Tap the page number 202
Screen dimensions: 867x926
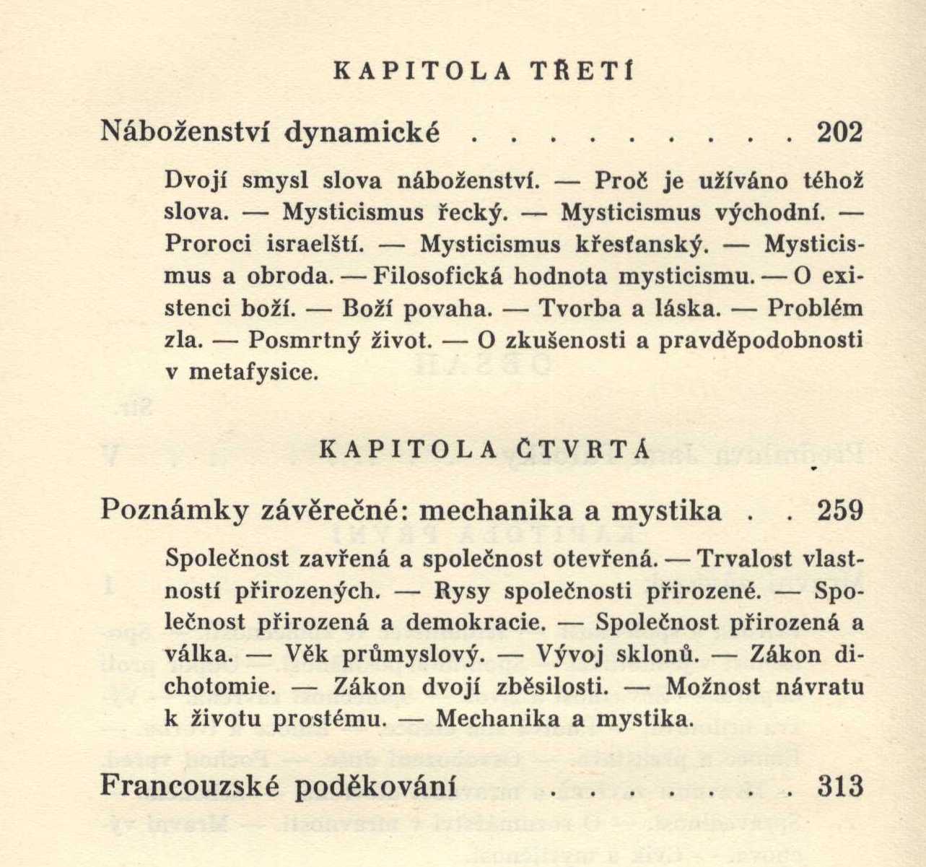tap(839, 133)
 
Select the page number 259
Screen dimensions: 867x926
tap(840, 511)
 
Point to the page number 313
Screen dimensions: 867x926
tap(840, 786)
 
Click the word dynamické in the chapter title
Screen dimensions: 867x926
tap(362, 133)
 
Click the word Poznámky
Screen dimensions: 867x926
tap(173, 511)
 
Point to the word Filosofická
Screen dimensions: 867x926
tap(433, 276)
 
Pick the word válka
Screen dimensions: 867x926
tap(198, 655)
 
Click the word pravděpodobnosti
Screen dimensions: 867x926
tap(761, 341)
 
